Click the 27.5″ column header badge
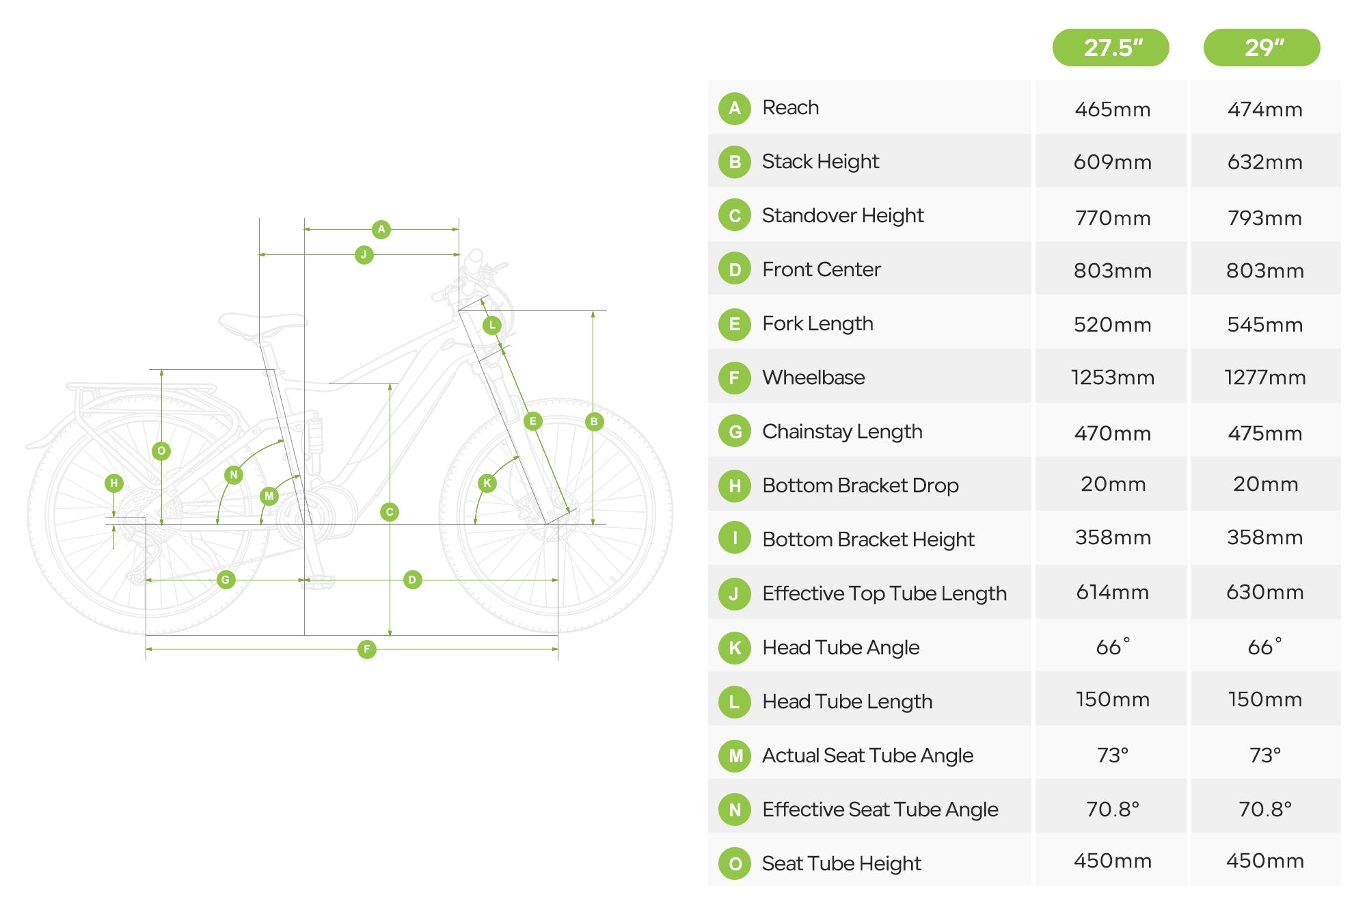pos(1111,48)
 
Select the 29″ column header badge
pos(1262,48)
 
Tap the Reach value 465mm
pos(1112,109)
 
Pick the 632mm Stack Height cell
pos(1264,162)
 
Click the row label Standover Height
pos(842,215)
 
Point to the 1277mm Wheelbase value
pos(1264,377)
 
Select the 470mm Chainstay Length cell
pos(1112,433)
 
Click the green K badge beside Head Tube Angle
pos(735,647)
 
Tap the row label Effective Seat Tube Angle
pos(880,809)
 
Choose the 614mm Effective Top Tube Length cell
pos(1112,592)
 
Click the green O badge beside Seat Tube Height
pos(735,863)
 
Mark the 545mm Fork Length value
pos(1264,325)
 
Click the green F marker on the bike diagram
pos(367,649)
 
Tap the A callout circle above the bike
pos(381,229)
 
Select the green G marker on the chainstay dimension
pos(226,580)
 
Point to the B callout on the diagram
pos(594,421)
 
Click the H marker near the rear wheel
pos(114,483)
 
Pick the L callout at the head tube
pos(491,325)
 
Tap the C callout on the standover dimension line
pos(390,512)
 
